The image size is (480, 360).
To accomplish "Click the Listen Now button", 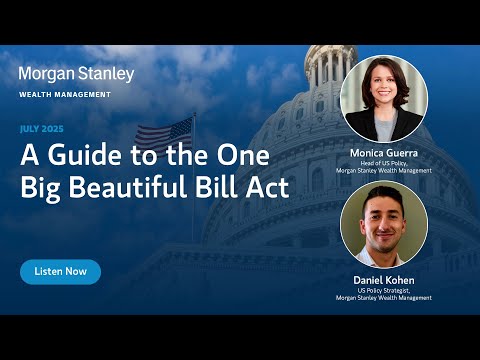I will pos(60,271).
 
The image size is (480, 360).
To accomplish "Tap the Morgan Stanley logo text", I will pos(76,74).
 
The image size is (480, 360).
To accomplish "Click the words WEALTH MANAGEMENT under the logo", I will pos(65,95).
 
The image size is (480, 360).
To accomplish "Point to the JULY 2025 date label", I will pos(48,129).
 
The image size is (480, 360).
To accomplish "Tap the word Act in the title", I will pos(267,188).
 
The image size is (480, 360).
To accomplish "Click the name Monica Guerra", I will pos(383,153).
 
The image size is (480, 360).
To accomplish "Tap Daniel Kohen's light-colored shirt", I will pos(383,253).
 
